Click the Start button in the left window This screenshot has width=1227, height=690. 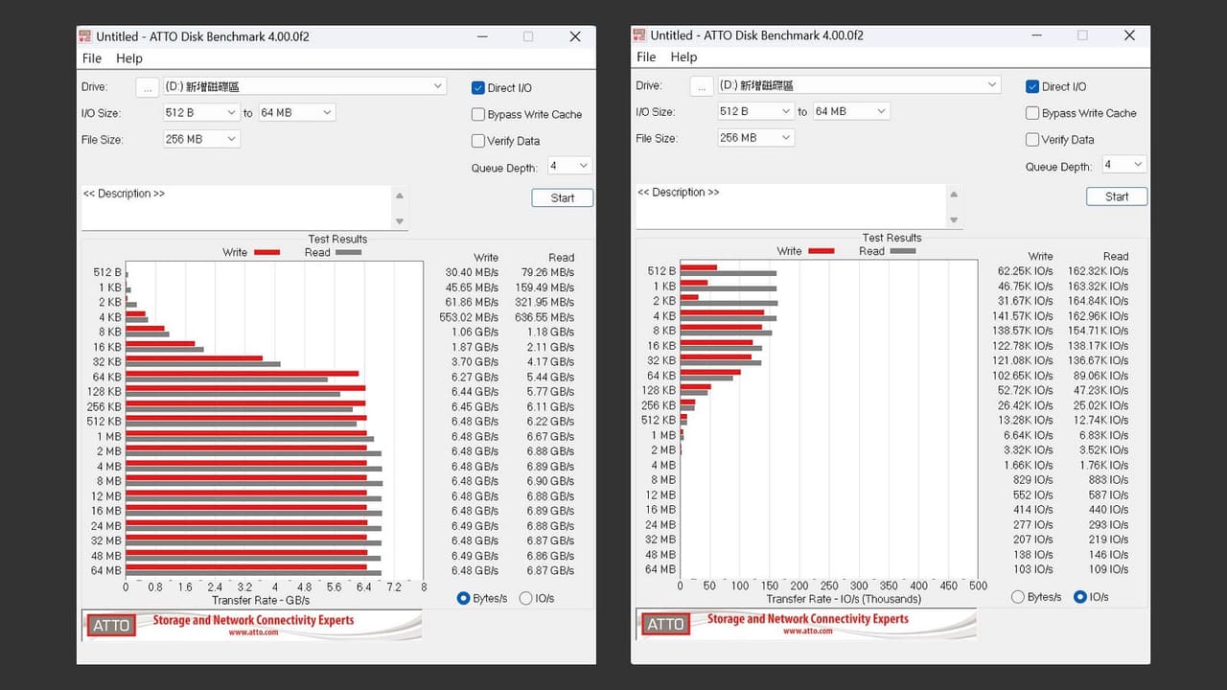[562, 197]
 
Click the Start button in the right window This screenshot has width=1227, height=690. [1117, 196]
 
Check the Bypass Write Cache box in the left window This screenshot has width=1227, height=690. [478, 114]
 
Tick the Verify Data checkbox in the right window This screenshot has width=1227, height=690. [1032, 140]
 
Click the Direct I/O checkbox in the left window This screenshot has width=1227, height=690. [478, 87]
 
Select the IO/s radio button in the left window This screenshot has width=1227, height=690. [526, 598]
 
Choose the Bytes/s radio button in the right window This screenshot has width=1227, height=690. [1018, 597]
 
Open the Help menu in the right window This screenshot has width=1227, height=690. [683, 57]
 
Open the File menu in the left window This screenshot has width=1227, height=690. [91, 58]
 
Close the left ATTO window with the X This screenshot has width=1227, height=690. [575, 36]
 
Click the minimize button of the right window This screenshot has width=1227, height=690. [1036, 35]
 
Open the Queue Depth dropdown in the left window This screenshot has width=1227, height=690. [569, 166]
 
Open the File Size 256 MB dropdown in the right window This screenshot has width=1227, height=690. [755, 137]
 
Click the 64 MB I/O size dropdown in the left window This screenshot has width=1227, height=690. [296, 113]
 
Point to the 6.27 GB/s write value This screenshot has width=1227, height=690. [475, 377]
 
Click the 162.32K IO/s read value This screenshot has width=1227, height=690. [1098, 271]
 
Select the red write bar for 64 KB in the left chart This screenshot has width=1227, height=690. [243, 374]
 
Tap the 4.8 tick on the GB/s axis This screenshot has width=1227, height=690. [304, 587]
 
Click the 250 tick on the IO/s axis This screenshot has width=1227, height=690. [829, 586]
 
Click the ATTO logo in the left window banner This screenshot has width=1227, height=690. [111, 626]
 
